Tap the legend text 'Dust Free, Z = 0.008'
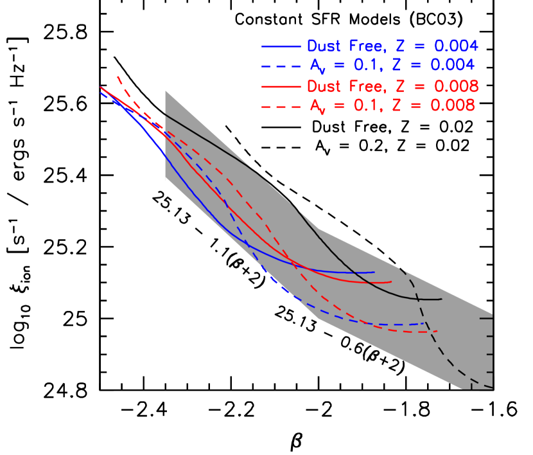pyautogui.click(x=393, y=86)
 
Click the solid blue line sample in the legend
pyautogui.click(x=281, y=46)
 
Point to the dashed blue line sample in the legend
pyautogui.click(x=281, y=66)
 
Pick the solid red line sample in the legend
pyautogui.click(x=281, y=86)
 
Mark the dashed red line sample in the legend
pyautogui.click(x=281, y=106)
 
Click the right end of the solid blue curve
pyautogui.click(x=374, y=272)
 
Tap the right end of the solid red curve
pyautogui.click(x=391, y=281)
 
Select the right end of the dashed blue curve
pyautogui.click(x=426, y=323)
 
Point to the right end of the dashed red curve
pyautogui.click(x=437, y=331)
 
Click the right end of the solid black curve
pyautogui.click(x=442, y=299)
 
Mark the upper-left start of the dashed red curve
pyautogui.click(x=118, y=76)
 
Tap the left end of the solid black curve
pyautogui.click(x=166, y=114)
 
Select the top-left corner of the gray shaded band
pyautogui.click(x=166, y=91)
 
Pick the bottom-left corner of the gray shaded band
pyautogui.click(x=166, y=181)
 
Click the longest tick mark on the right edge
pyautogui.click(x=483, y=316)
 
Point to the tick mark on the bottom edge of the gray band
pyautogui.click(x=471, y=384)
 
